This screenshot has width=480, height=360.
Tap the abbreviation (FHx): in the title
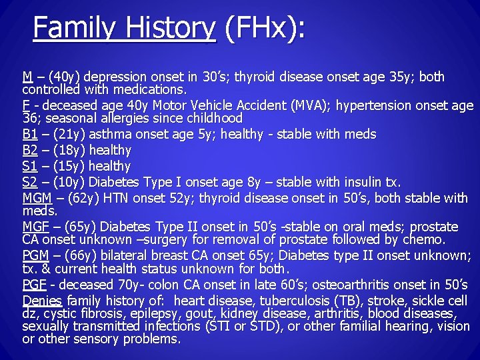tap(265, 28)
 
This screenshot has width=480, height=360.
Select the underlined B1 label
tap(29, 135)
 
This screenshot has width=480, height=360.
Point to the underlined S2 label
tap(29, 182)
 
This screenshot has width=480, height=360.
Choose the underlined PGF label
tap(33, 285)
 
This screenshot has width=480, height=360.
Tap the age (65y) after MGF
tap(73, 227)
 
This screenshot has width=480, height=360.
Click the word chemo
tap(423, 239)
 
